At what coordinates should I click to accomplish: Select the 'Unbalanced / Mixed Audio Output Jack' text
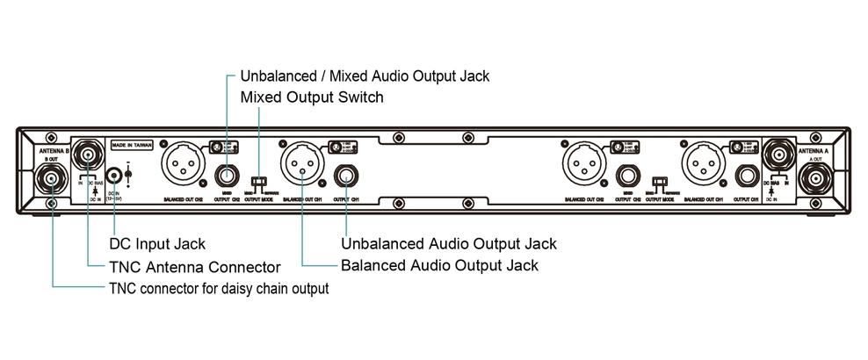[x=364, y=76]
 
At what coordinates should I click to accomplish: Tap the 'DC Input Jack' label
[x=157, y=243]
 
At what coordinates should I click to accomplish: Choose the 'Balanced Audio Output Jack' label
[x=438, y=264]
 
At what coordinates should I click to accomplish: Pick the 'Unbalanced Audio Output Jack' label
[x=448, y=243]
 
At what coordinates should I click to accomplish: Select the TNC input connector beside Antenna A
[x=778, y=155]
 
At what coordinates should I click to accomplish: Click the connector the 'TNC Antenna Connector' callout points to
[x=88, y=156]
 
